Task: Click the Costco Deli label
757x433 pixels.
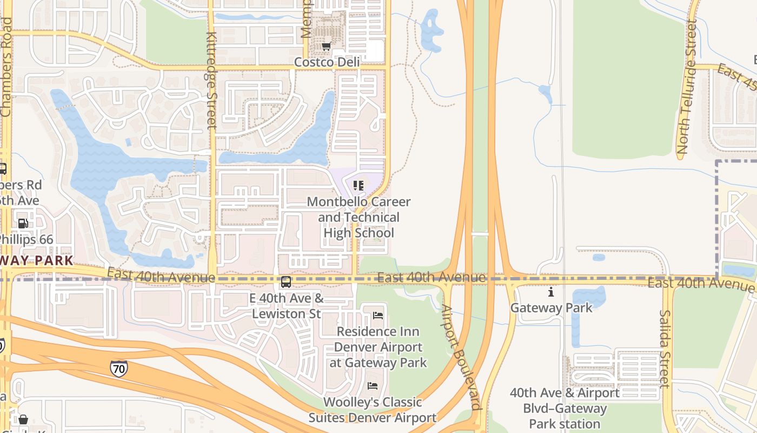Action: coord(327,62)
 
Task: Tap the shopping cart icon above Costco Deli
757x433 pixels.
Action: coord(326,47)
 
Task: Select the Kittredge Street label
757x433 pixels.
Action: coord(211,80)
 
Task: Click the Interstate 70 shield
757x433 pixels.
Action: coord(118,369)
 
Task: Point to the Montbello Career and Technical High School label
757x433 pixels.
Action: coord(358,217)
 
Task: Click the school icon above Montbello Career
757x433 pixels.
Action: coord(358,186)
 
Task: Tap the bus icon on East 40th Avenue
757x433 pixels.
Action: coord(285,281)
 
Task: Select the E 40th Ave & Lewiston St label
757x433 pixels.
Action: coord(286,306)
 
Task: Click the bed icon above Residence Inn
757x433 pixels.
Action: coord(378,316)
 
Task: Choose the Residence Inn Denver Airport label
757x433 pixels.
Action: coord(378,347)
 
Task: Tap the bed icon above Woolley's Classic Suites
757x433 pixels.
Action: coord(373,386)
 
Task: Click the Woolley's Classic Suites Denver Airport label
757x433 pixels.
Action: coord(373,410)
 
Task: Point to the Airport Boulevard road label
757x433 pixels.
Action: coord(461,357)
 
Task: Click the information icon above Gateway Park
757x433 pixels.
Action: coord(551,292)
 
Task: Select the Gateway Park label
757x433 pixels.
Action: coord(552,307)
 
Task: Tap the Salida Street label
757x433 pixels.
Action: coord(665,349)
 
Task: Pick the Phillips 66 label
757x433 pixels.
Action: coord(25,239)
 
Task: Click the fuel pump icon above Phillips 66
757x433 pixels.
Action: coord(23,223)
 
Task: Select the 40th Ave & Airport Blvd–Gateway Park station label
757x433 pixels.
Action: coord(565,408)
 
